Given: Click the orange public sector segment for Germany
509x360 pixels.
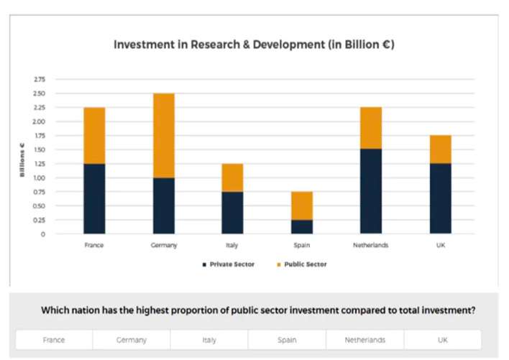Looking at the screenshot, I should coord(163,135).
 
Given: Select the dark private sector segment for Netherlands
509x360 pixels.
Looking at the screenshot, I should coord(371,191).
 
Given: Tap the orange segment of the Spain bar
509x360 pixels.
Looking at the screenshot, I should coord(302,206).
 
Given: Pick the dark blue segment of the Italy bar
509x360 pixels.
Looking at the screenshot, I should coord(232,212).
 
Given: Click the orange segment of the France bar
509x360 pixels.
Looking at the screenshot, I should coord(94,135).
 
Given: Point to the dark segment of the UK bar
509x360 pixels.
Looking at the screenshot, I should coord(440,198).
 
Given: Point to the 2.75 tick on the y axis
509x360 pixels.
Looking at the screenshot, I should coord(38,79).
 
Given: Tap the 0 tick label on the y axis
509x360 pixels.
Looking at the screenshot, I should coord(42,234).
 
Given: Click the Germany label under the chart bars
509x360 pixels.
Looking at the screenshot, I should coord(163,245).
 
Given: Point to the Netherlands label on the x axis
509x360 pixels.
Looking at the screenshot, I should coord(371,245).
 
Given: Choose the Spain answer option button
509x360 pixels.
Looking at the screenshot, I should coord(287,340).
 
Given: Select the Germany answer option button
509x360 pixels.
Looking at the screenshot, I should coord(132,340).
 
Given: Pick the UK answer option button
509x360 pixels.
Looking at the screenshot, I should coord(442,340).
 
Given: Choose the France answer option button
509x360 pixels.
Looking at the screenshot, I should coord(54,340).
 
